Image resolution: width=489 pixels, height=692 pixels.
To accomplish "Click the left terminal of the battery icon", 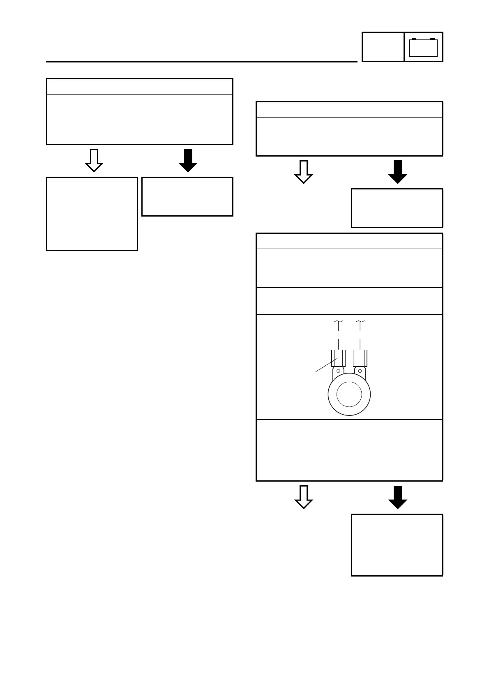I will [x=414, y=39].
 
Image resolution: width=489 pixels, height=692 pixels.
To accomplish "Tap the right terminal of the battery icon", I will [x=432, y=39].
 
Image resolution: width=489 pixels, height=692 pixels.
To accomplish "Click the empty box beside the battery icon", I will [x=383, y=47].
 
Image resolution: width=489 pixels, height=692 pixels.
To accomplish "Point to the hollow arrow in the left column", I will [x=94, y=160].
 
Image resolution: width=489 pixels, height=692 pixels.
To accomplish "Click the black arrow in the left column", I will [x=188, y=160].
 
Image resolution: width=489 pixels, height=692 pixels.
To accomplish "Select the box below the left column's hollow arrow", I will [x=92, y=214].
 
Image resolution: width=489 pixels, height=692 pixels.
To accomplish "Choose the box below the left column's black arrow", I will [x=187, y=196].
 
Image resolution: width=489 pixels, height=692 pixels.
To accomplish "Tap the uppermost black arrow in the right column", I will [x=397, y=172].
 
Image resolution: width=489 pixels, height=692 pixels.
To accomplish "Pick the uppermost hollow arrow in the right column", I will [x=304, y=172].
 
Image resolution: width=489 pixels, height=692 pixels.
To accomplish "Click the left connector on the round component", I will [x=338, y=358].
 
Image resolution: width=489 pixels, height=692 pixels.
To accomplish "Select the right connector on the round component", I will [x=360, y=358].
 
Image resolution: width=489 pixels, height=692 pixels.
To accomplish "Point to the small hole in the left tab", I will [x=338, y=371].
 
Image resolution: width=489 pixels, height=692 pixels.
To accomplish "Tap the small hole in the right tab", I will [x=360, y=371].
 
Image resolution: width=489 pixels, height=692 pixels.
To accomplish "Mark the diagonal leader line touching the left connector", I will [x=325, y=366].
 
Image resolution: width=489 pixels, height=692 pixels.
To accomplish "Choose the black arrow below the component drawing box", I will [x=397, y=497].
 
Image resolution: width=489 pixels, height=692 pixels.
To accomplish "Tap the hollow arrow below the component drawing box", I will [x=304, y=497].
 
